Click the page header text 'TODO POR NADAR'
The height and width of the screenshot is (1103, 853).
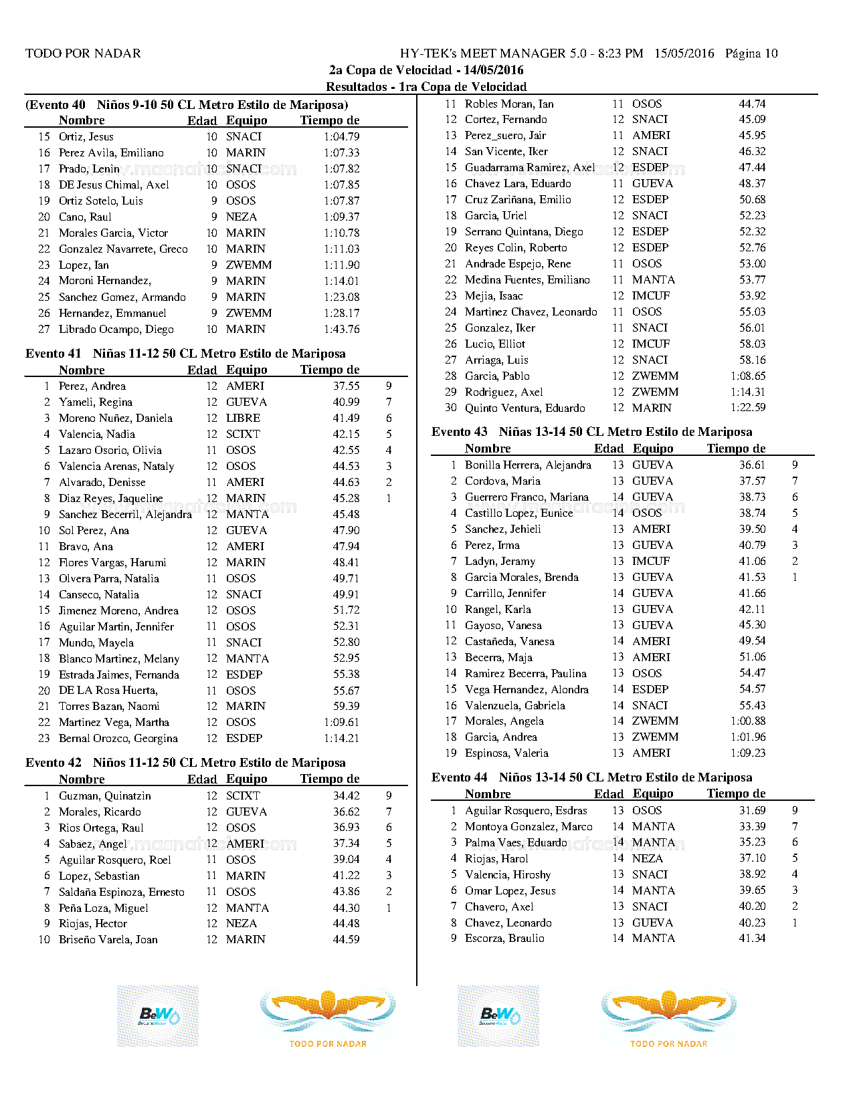(83, 53)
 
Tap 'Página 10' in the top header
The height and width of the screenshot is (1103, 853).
(751, 53)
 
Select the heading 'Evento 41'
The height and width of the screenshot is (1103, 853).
(53, 354)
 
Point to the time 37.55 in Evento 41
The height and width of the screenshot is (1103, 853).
(346, 386)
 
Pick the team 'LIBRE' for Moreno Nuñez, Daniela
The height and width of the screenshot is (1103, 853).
(243, 418)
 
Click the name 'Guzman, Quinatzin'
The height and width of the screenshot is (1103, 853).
(105, 796)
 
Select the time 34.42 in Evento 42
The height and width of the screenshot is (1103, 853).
(346, 796)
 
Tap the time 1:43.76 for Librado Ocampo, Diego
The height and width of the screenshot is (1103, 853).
(341, 330)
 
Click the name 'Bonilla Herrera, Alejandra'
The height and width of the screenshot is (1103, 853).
(528, 465)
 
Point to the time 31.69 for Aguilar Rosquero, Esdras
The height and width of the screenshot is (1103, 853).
(752, 811)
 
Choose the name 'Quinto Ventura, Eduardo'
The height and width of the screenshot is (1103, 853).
(525, 408)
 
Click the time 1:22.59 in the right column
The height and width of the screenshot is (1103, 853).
(748, 408)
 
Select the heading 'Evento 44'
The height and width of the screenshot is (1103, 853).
(460, 777)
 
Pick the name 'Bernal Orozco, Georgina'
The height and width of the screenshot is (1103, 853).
(118, 739)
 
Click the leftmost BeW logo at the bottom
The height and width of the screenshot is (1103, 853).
(158, 1016)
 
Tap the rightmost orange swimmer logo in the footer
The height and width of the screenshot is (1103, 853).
(669, 1013)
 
